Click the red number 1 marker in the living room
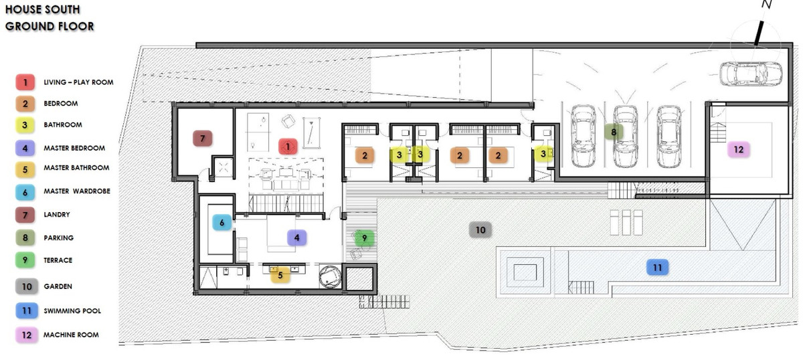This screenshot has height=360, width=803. click(288, 147)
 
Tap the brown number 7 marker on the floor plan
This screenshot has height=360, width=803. click(203, 139)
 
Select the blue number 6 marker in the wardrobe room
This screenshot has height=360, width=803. click(222, 223)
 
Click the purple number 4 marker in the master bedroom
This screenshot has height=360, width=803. click(297, 238)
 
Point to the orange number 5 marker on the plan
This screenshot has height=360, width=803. click(280, 275)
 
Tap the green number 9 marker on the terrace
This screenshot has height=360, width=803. click(364, 238)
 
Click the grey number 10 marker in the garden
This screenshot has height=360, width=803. click(480, 230)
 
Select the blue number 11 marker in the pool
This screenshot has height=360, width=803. click(657, 268)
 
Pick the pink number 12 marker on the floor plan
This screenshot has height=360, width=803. click(739, 149)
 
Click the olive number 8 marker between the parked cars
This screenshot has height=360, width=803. click(614, 132)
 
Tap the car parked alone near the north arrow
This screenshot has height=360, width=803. click(751, 74)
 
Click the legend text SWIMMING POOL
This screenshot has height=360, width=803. click(72, 311)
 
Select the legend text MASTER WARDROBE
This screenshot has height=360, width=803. click(77, 191)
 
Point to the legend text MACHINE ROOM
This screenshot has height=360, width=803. click(71, 335)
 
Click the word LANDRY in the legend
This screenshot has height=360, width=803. click(57, 215)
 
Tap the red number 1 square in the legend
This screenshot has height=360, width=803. click(25, 82)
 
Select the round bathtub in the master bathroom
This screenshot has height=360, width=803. click(330, 276)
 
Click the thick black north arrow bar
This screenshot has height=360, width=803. click(759, 33)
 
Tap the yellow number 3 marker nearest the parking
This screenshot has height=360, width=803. click(543, 154)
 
